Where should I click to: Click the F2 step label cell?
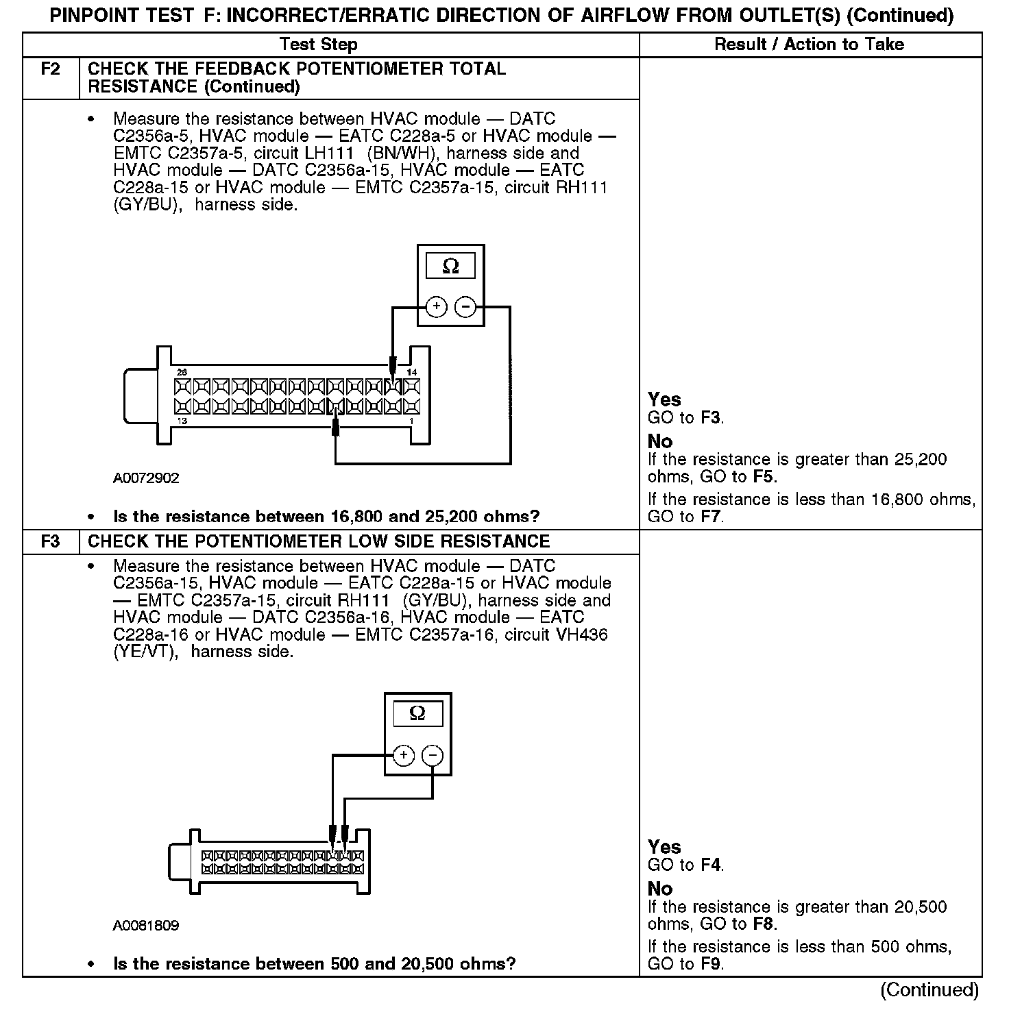click(x=51, y=69)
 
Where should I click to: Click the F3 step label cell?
click(x=51, y=541)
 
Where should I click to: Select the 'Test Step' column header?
click(x=319, y=45)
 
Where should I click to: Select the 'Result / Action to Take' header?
click(x=809, y=45)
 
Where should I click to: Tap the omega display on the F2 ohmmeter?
click(x=450, y=266)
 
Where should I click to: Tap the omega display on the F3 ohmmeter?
click(x=417, y=714)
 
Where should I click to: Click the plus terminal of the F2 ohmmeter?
click(x=436, y=307)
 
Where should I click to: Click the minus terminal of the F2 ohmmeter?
click(x=465, y=307)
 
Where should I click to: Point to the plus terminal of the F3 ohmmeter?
click(x=404, y=756)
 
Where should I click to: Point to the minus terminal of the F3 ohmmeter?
click(x=433, y=756)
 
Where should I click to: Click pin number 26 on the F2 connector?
click(x=182, y=372)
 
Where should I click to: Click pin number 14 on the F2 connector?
click(x=411, y=372)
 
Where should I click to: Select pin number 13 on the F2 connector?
click(x=182, y=421)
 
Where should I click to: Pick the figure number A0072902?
click(x=146, y=478)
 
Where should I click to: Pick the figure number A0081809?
click(x=146, y=926)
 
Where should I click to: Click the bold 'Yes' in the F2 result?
click(x=664, y=399)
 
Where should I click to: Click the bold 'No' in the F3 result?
click(x=660, y=889)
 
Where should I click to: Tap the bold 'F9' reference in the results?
click(x=712, y=964)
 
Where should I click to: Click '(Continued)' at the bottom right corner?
click(x=929, y=990)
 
